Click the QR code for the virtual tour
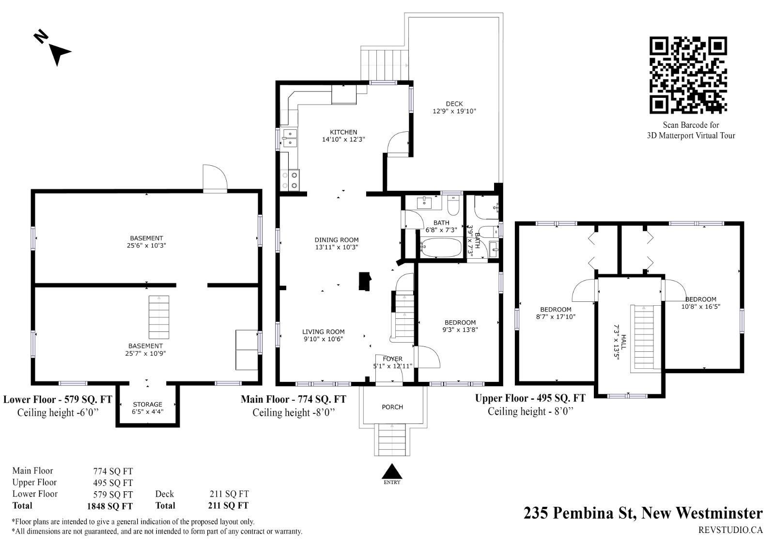(688, 75)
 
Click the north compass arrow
(60, 54)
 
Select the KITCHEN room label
(343, 132)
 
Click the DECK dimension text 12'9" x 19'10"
(454, 111)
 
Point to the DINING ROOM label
(336, 239)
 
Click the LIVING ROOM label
(323, 331)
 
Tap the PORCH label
(392, 407)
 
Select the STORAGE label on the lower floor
(147, 404)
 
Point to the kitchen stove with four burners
(290, 180)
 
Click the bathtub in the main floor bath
(441, 247)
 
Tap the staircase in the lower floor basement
(159, 317)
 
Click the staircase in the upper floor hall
(644, 338)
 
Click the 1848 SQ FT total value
(109, 506)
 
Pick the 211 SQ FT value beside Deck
(229, 494)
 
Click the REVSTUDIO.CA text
(730, 530)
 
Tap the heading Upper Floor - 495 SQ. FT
(530, 398)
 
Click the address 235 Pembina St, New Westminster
(643, 513)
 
